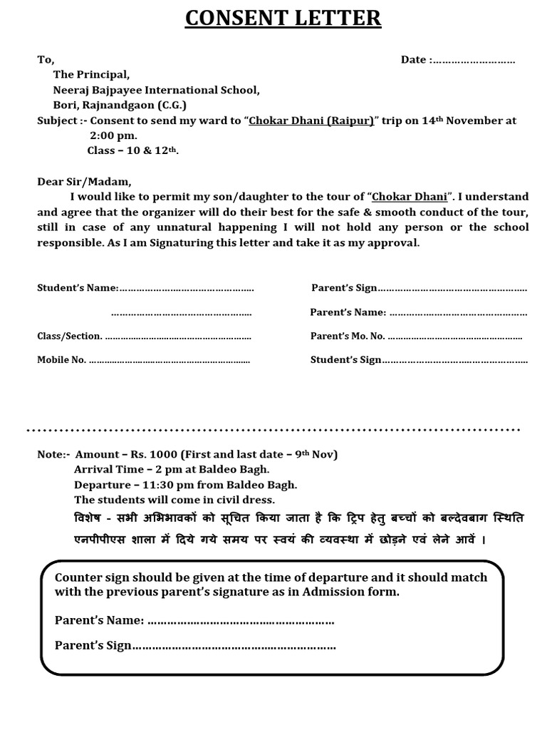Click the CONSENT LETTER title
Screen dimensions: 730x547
pos(283,18)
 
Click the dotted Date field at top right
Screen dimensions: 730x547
pos(474,61)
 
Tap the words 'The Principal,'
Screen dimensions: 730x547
pos(91,75)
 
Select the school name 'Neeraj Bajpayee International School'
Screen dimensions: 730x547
pos(156,91)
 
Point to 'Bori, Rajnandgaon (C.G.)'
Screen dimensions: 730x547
pos(120,106)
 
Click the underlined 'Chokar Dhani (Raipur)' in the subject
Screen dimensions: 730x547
pos(311,121)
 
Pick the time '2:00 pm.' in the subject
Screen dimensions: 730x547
pos(113,135)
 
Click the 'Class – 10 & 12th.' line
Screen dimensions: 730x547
pos(132,151)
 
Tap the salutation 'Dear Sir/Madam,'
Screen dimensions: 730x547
pos(84,182)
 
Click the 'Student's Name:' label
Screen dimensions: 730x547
pos(78,288)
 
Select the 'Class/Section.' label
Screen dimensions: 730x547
pos(69,336)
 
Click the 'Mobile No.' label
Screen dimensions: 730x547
pos(61,360)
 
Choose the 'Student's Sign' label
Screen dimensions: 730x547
pos(345,360)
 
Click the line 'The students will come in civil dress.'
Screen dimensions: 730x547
pos(174,500)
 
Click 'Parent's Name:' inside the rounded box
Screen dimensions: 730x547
pos(99,620)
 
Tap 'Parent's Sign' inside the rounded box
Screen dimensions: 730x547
pos(93,646)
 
